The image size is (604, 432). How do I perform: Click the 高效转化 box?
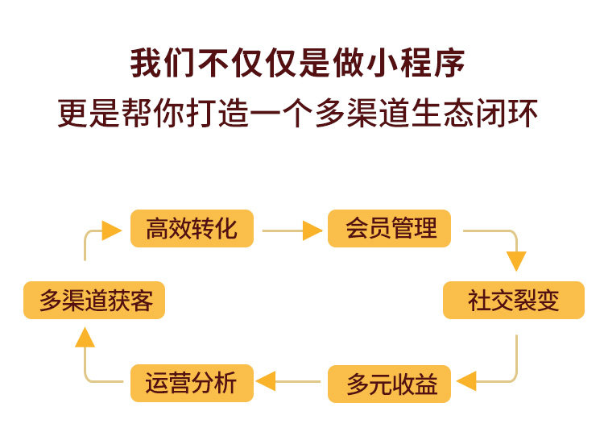pos(192,229)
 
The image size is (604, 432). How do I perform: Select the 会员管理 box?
pos(389,229)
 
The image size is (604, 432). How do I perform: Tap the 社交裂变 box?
pos(514,300)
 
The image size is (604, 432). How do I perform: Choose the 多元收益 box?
pos(389,384)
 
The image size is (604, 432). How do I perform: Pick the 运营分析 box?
pos(192,383)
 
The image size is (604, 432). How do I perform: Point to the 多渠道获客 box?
pos(94,300)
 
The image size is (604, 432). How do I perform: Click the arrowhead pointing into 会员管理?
pos(312,231)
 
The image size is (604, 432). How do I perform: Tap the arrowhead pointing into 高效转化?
pos(112,231)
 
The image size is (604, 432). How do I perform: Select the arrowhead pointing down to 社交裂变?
pos(516,261)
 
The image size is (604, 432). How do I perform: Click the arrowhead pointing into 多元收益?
pos(466,381)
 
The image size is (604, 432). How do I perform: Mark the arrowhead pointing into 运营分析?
pos(266,381)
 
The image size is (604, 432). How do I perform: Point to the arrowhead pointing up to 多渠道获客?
pos(85,337)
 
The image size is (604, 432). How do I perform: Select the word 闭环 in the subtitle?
pos(507,113)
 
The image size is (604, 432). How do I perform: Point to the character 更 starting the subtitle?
pos(73,113)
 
